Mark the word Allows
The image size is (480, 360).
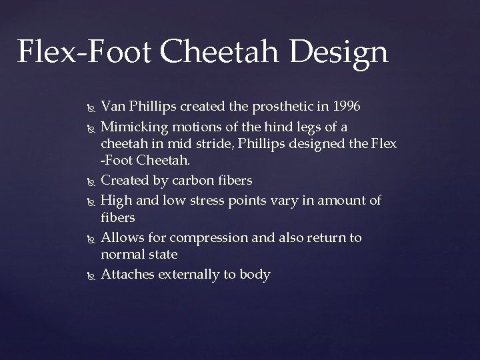tap(120, 238)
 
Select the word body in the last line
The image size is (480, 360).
tap(255, 275)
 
